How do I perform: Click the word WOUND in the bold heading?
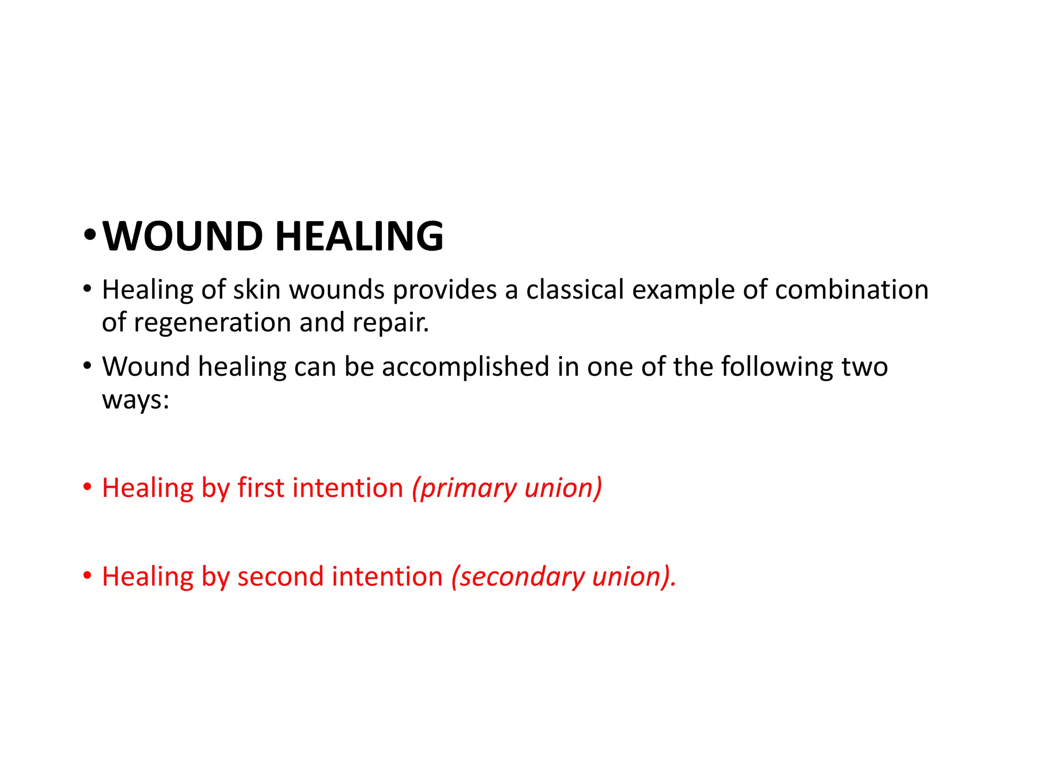pyautogui.click(x=183, y=236)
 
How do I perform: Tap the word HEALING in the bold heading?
pyautogui.click(x=359, y=236)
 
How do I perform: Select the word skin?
pyautogui.click(x=257, y=290)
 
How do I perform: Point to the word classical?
pyautogui.click(x=575, y=290)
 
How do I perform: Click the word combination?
pyautogui.click(x=852, y=290)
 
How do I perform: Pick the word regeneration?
pyautogui.click(x=213, y=323)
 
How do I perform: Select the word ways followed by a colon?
pyautogui.click(x=135, y=400)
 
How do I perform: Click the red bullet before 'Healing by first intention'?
pyautogui.click(x=88, y=487)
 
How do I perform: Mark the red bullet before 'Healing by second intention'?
pyautogui.click(x=88, y=576)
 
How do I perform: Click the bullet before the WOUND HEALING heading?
pyautogui.click(x=89, y=235)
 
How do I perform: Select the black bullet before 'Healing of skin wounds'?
pyautogui.click(x=88, y=290)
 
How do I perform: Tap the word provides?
pyautogui.click(x=445, y=290)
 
